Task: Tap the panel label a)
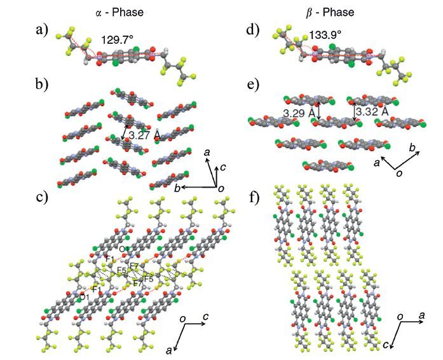click(x=43, y=30)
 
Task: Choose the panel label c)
click(x=43, y=196)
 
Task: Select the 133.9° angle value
click(x=326, y=36)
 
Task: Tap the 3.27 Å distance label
click(x=144, y=135)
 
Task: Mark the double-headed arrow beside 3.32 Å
click(x=355, y=112)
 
